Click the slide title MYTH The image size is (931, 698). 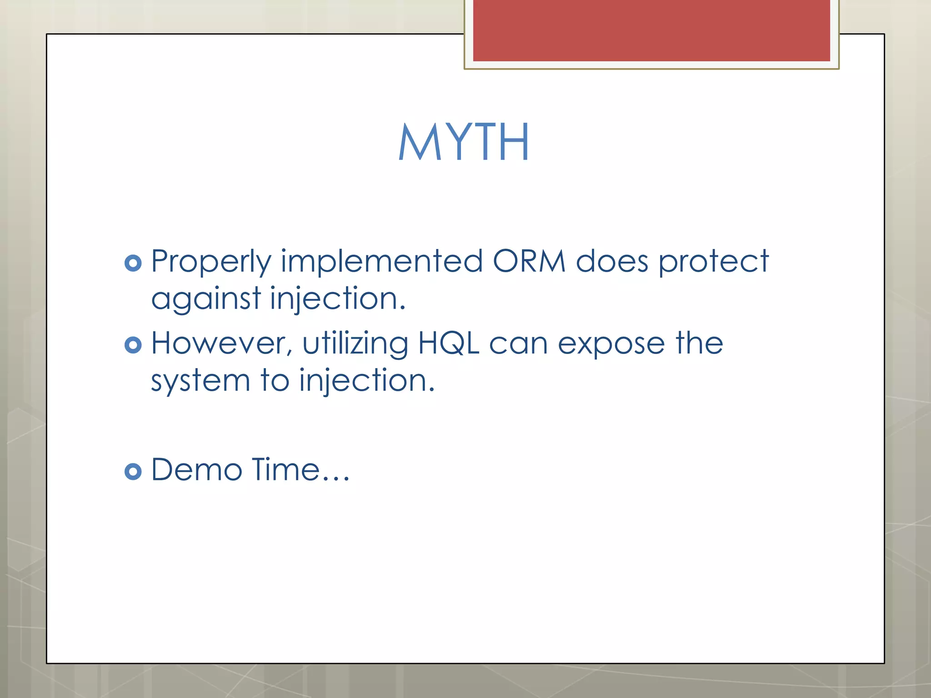click(464, 142)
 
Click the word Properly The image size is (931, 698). click(211, 262)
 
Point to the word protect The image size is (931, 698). click(714, 262)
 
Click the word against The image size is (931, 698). click(206, 299)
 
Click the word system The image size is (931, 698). click(200, 381)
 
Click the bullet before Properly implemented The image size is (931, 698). click(133, 263)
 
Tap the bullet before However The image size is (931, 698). click(133, 345)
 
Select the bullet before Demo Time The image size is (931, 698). click(133, 472)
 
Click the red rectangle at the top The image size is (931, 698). click(651, 30)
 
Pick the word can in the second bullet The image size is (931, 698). click(518, 344)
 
